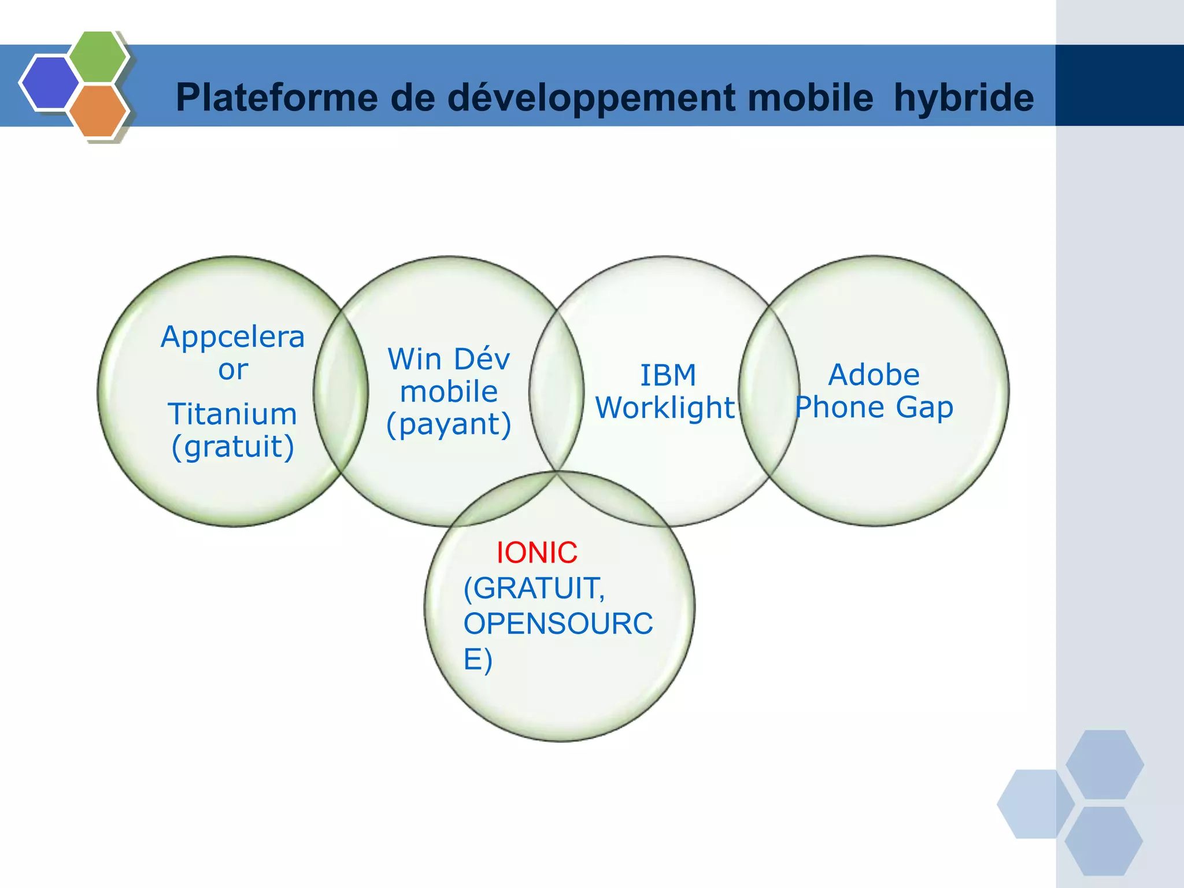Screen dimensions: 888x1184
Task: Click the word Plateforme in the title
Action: point(277,97)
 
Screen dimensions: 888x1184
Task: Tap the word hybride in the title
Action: point(963,97)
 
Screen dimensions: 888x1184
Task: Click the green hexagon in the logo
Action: point(98,57)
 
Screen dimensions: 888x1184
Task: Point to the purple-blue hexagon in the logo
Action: point(49,82)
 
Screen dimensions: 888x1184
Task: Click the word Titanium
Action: point(232,414)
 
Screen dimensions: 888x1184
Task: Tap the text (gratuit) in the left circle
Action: point(232,446)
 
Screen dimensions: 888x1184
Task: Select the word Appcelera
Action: point(232,336)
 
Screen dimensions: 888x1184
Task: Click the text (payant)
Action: point(449,424)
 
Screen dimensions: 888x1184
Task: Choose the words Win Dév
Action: point(449,359)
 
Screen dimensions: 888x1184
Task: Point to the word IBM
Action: point(668,375)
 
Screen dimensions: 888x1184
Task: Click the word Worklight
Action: point(665,408)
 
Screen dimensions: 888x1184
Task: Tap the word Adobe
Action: point(874,375)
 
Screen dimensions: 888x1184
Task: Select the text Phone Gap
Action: point(874,407)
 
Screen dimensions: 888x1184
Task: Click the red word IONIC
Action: point(536,553)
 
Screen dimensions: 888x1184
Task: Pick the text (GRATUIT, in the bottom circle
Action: point(534,588)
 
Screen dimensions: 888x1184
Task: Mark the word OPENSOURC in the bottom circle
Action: point(558,623)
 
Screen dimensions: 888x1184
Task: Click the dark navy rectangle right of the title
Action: point(1119,86)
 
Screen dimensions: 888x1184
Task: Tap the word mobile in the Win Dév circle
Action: point(449,391)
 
